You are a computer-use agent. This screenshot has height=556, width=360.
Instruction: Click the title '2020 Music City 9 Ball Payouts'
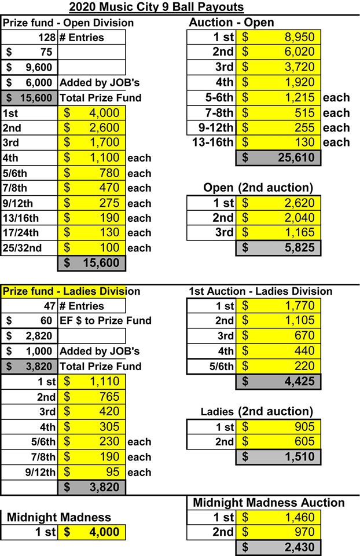156,7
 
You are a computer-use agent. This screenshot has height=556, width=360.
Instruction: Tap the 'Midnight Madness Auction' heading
269,502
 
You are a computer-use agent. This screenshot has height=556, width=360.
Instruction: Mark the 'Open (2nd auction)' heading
258,187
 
